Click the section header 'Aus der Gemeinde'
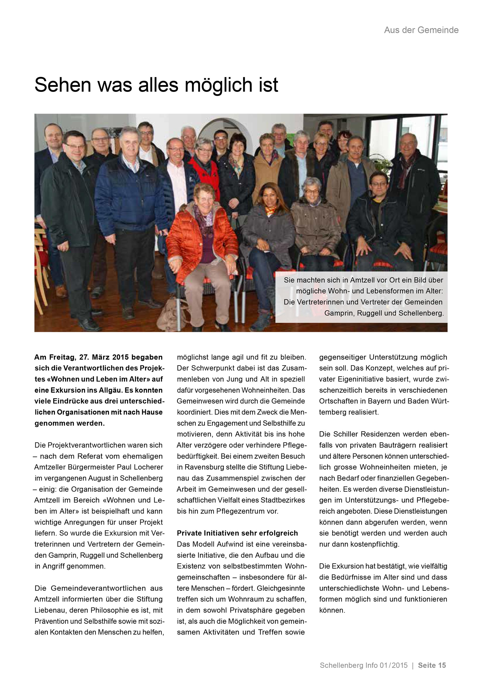pos(421,30)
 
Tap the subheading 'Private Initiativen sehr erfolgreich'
pos(237,533)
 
